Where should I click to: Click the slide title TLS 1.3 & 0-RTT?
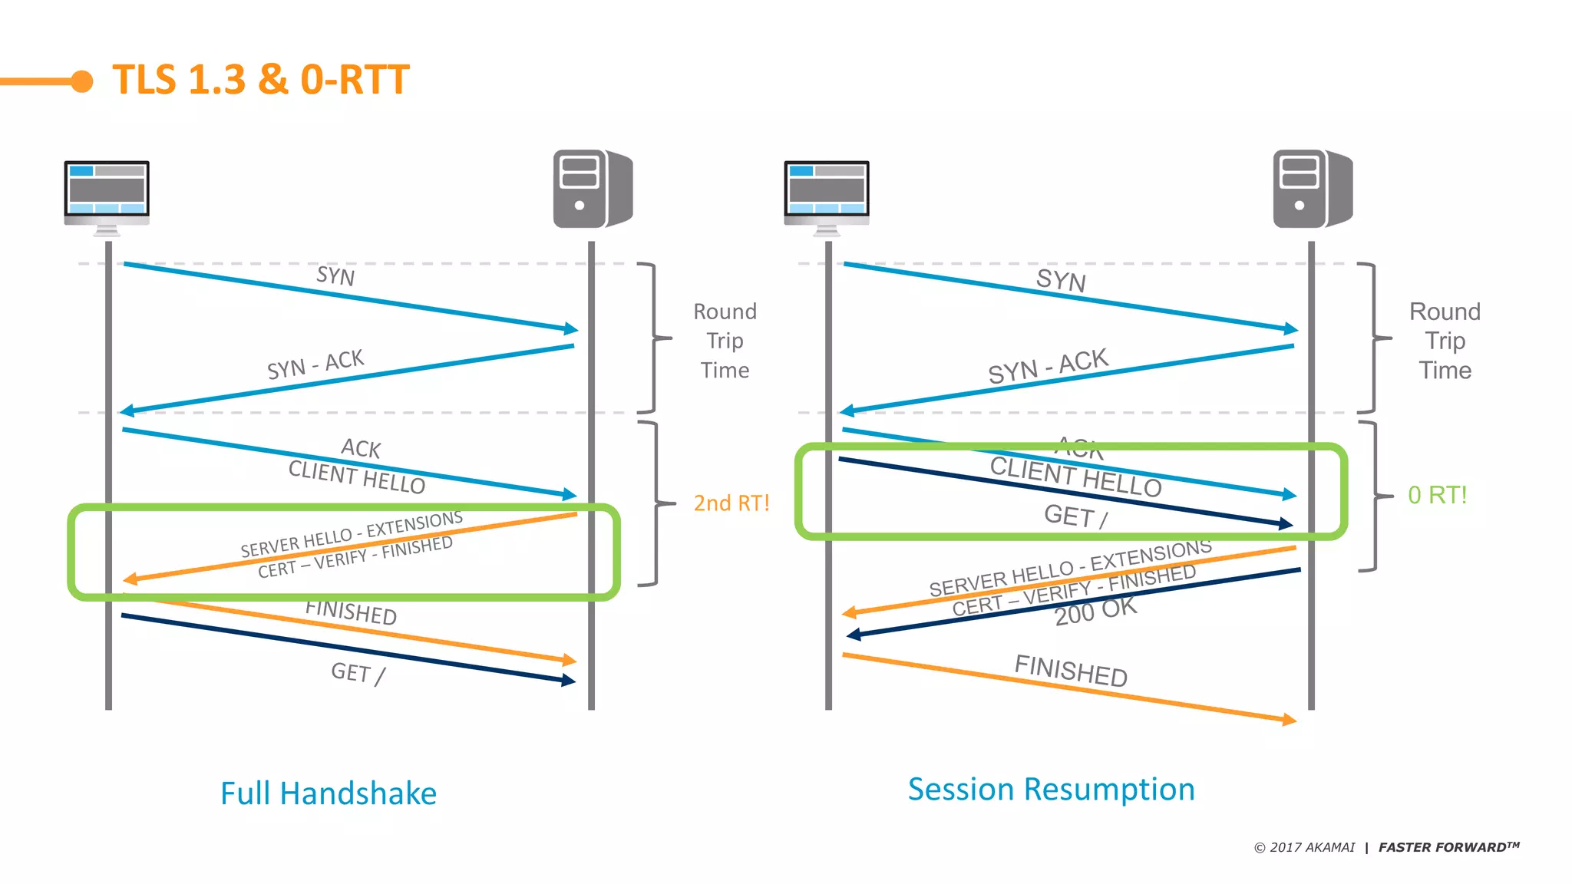tap(261, 80)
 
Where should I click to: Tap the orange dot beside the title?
tap(82, 81)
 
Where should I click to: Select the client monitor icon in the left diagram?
tap(107, 195)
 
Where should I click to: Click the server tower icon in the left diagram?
tap(592, 189)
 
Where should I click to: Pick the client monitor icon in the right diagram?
tap(827, 195)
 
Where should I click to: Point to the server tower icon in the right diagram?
tap(1312, 189)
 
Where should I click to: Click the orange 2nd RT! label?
tap(731, 503)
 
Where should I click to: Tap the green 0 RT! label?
tap(1437, 496)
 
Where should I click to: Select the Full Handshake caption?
tap(329, 793)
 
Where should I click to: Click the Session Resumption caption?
tap(1051, 790)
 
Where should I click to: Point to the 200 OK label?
tap(1095, 612)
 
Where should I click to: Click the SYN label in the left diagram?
tap(335, 276)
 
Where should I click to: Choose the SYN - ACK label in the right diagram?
tap(1048, 366)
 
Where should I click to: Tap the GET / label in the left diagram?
tap(358, 674)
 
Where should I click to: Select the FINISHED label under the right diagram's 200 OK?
tap(1071, 671)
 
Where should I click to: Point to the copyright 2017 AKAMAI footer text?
tap(1304, 847)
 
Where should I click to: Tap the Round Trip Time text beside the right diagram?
tap(1445, 341)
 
